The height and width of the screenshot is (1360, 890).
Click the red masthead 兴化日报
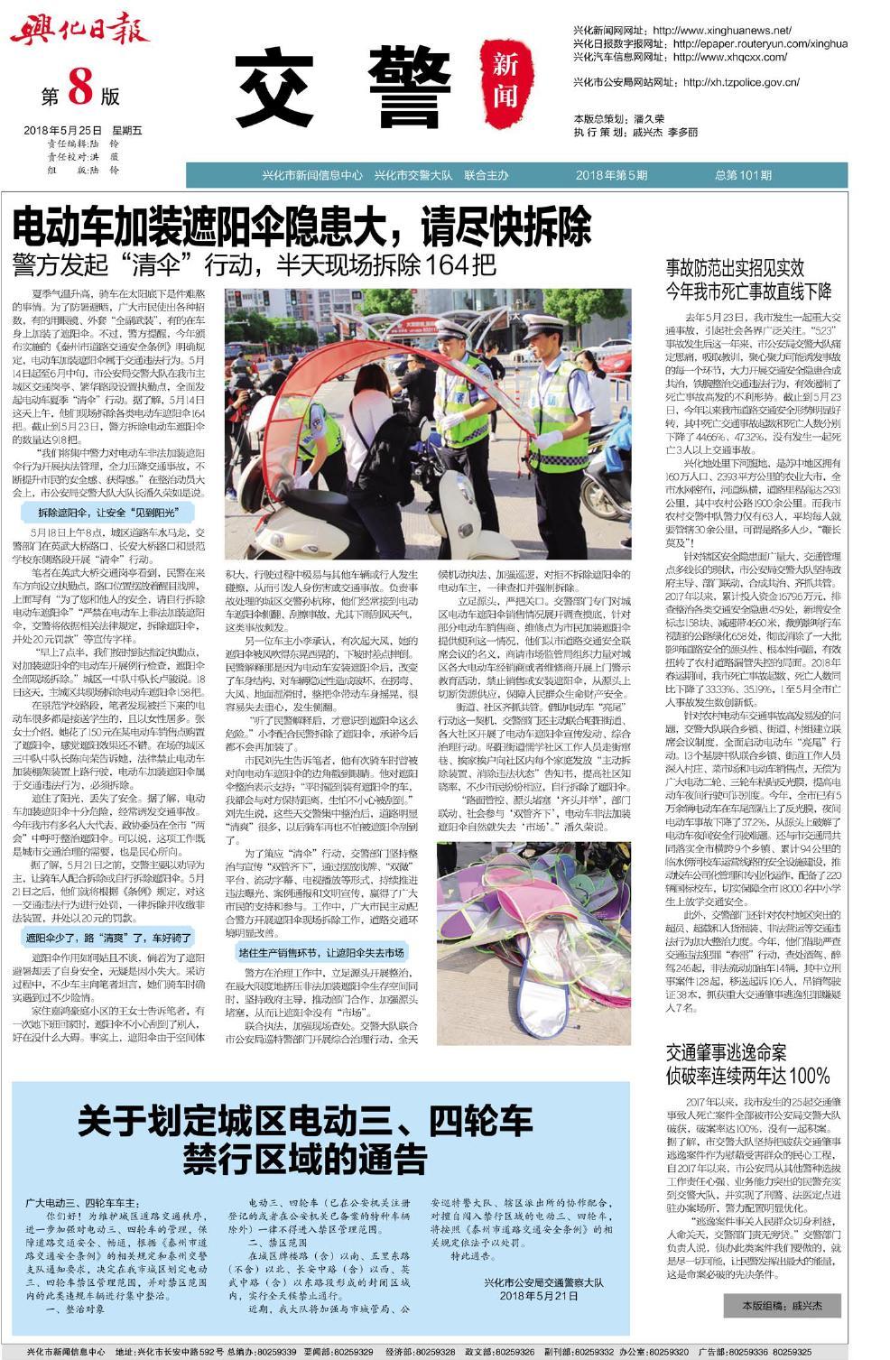tap(79, 32)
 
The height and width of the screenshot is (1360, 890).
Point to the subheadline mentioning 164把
tap(254, 265)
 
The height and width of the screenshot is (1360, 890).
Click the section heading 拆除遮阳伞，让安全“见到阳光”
tap(107, 512)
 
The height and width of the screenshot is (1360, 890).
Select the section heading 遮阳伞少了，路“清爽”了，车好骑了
tap(107, 939)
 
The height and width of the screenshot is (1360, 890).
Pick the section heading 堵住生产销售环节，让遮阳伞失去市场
tap(321, 952)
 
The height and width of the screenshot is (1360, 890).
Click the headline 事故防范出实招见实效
tap(735, 268)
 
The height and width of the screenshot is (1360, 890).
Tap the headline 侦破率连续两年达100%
tap(747, 1076)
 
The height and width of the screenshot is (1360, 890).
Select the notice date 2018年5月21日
tap(538, 1295)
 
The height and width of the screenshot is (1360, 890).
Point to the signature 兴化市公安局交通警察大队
tap(543, 1281)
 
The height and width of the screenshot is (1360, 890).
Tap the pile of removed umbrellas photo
tap(533, 943)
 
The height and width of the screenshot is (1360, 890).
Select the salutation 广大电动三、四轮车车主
tap(82, 1203)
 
